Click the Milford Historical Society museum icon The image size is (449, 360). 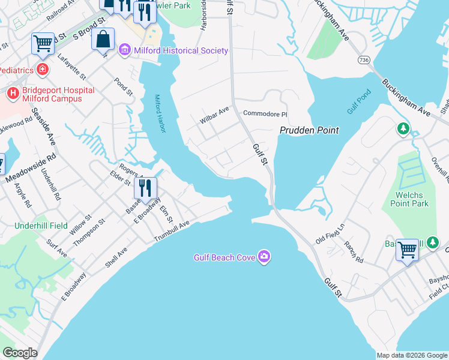click(125, 50)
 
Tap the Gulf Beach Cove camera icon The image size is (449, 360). click(265, 257)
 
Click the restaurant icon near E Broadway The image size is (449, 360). click(145, 188)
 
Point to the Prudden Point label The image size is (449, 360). click(309, 130)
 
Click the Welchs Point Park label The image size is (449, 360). click(412, 199)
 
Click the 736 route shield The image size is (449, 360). click(363, 60)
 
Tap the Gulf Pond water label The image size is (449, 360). click(359, 103)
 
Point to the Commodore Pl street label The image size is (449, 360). click(265, 114)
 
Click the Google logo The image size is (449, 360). click(20, 353)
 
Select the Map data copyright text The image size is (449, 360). click(412, 355)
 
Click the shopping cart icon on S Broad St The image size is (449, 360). click(43, 43)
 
